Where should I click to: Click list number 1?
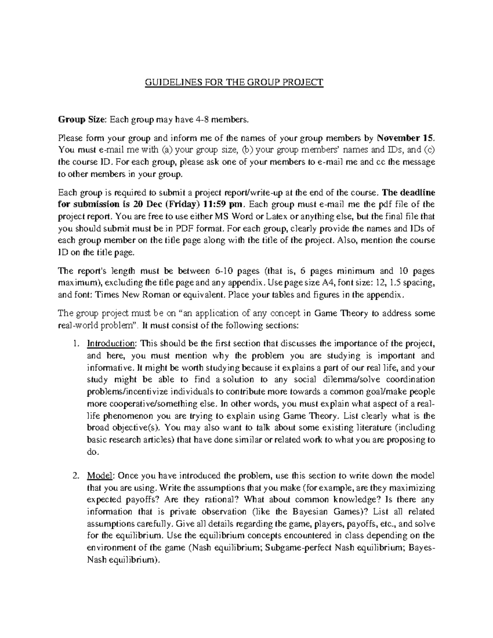[x=75, y=343]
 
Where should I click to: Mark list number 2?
[x=75, y=476]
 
